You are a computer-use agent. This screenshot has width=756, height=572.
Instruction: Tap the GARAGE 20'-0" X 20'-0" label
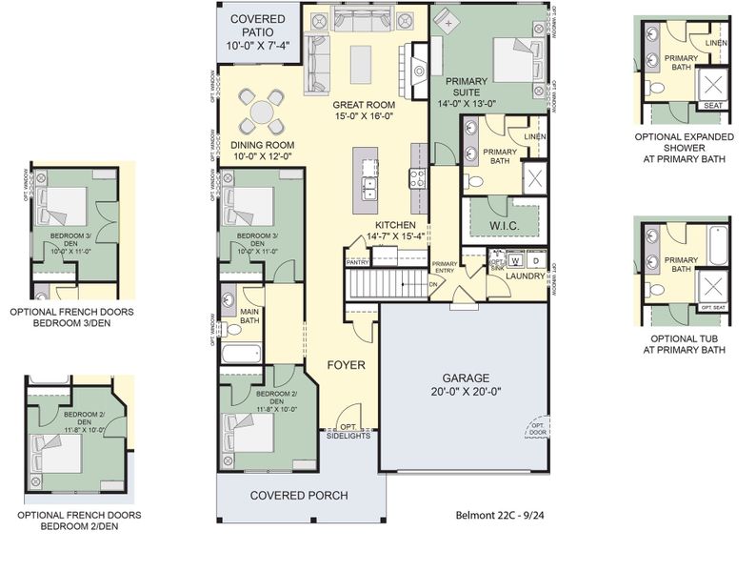click(x=464, y=383)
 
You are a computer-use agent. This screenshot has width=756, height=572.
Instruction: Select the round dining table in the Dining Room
click(x=261, y=111)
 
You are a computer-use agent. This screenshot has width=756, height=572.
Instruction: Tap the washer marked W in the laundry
click(x=514, y=259)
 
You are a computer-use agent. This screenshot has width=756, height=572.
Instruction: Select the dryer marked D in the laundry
click(x=535, y=259)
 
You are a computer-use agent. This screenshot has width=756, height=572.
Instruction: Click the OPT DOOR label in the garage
click(x=538, y=431)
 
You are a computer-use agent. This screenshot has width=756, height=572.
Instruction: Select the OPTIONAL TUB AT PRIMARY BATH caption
click(x=687, y=344)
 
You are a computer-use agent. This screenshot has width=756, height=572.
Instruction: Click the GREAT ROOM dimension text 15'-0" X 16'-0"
click(x=366, y=115)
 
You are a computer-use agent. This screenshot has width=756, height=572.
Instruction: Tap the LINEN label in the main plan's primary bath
click(x=534, y=137)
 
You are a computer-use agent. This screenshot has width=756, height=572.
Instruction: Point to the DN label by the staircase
click(x=434, y=283)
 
